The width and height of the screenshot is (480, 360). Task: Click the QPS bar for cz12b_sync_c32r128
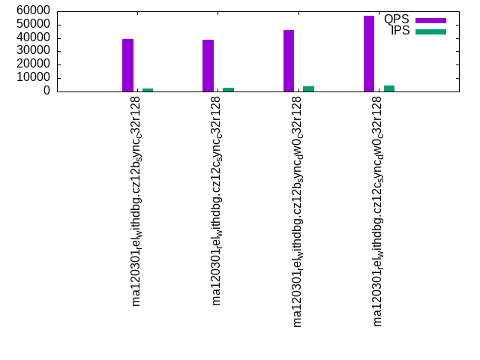(127, 65)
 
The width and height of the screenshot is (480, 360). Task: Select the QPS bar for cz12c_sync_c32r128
(208, 66)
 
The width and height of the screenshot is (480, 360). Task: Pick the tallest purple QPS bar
(369, 54)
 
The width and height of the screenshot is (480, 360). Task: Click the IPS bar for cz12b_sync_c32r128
(148, 90)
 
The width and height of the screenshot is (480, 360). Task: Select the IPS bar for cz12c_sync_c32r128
(228, 89)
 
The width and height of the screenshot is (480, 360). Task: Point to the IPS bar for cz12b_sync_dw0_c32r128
(308, 88)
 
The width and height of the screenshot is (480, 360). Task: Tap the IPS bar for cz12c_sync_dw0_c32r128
(389, 88)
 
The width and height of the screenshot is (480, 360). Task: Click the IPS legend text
(400, 31)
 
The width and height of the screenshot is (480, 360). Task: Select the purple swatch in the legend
(430, 20)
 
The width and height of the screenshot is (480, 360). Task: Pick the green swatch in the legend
(430, 31)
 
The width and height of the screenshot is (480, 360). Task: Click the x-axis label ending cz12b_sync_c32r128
(136, 202)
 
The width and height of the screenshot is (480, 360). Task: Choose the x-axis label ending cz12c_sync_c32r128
(217, 202)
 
